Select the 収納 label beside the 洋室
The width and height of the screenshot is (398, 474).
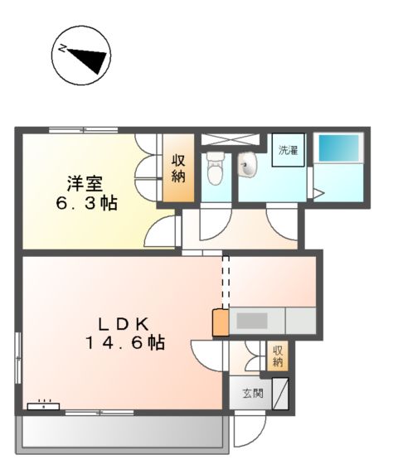[178, 169]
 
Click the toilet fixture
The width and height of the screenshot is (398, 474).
[215, 171]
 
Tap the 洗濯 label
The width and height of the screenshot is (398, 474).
[289, 151]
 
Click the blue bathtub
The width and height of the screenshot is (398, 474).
[340, 148]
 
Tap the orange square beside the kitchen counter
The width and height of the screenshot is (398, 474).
[221, 322]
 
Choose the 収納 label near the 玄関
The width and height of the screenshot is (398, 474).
[278, 357]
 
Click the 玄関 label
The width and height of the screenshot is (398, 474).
[253, 394]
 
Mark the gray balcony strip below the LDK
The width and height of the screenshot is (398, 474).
[121, 432]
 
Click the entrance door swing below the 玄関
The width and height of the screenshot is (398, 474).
[247, 430]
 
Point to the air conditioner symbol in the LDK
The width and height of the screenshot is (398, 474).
[42, 406]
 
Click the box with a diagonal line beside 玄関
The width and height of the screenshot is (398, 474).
[281, 393]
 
